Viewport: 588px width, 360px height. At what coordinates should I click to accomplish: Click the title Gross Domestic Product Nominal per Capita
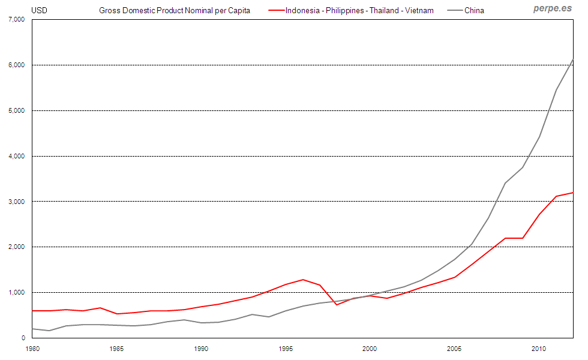(175, 10)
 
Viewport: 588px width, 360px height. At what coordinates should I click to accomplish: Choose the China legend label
(474, 10)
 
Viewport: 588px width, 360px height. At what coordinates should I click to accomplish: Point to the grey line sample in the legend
(454, 10)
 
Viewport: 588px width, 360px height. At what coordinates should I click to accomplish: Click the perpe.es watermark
(553, 9)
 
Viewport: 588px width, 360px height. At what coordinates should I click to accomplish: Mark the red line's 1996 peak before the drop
(303, 280)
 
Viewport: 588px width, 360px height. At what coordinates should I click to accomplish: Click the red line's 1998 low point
(337, 305)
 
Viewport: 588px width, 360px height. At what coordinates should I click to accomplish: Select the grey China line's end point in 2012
(573, 59)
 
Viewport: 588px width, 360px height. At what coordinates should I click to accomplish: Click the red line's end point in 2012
(573, 193)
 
